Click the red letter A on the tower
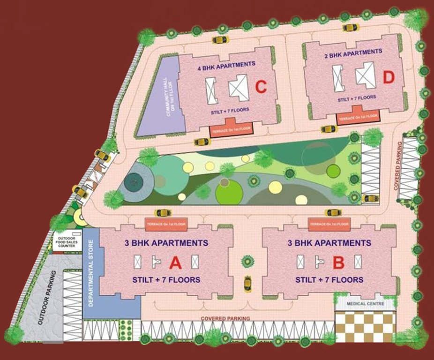(x=175, y=263)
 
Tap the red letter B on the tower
(x=338, y=262)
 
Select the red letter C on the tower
(x=261, y=87)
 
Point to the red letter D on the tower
(x=389, y=78)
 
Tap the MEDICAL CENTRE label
(x=365, y=304)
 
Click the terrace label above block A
(x=166, y=225)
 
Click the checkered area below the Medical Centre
(x=365, y=327)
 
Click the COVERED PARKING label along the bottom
(x=225, y=319)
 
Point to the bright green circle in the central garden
(x=229, y=192)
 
